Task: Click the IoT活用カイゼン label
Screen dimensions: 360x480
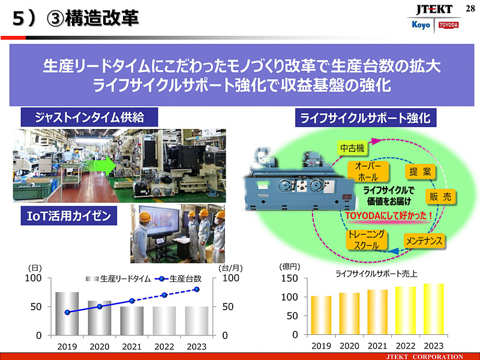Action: (66, 215)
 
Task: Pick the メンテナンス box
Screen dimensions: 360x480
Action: (424, 241)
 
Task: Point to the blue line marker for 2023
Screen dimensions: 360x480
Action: (196, 289)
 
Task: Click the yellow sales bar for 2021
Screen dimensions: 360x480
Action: (377, 312)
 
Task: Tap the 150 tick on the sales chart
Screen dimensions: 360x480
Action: (290, 278)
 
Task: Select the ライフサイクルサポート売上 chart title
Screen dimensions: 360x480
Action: (376, 274)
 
